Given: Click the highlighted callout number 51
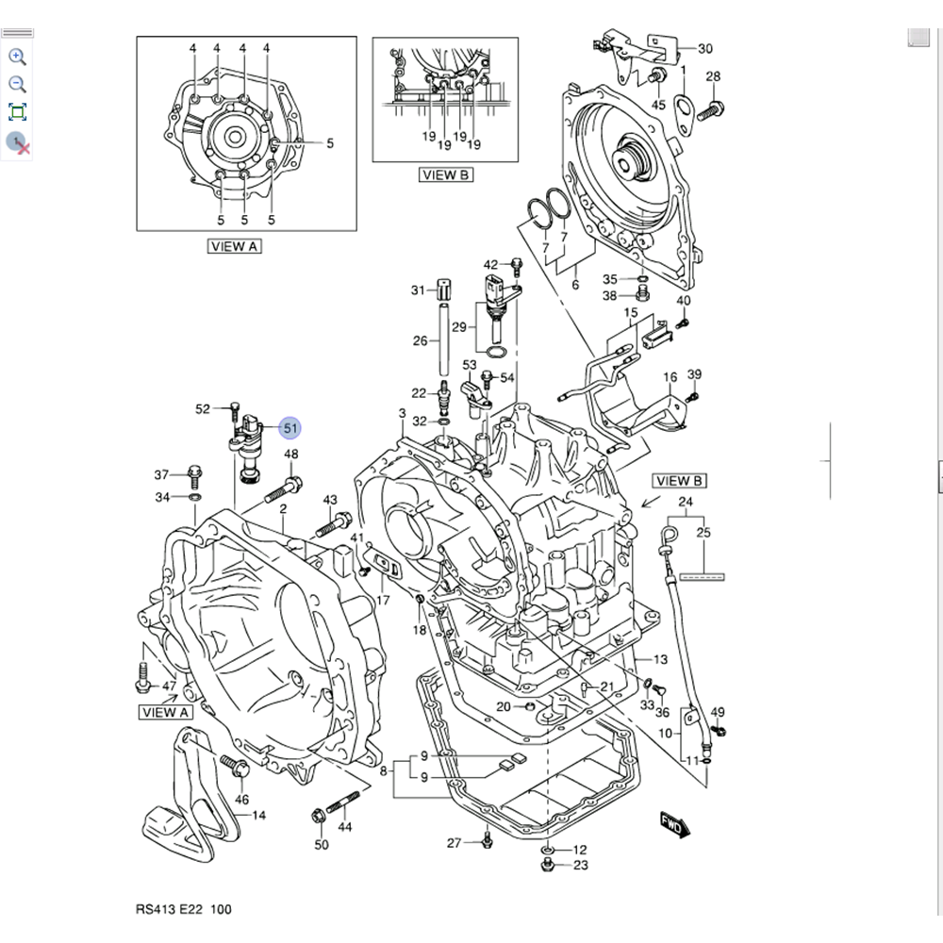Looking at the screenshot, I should pyautogui.click(x=290, y=428).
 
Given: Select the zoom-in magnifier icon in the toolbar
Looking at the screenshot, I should pyautogui.click(x=17, y=57).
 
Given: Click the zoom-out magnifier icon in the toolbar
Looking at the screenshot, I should pyautogui.click(x=17, y=84).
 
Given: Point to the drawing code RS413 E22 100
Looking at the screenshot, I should pyautogui.click(x=183, y=909).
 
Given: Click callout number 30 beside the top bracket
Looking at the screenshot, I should pyautogui.click(x=704, y=49).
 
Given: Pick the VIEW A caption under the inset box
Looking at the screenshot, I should pyautogui.click(x=234, y=246).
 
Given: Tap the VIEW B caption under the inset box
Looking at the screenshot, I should pyautogui.click(x=446, y=175).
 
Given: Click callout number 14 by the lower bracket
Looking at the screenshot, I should pyautogui.click(x=257, y=815).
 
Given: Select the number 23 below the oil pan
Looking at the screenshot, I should pyautogui.click(x=580, y=865).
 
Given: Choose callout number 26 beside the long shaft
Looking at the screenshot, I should pyautogui.click(x=421, y=340).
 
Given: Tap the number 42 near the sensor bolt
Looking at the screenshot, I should pyautogui.click(x=491, y=264).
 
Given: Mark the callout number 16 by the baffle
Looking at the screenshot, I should pyautogui.click(x=670, y=378).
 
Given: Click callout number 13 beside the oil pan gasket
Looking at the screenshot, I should pyautogui.click(x=659, y=659).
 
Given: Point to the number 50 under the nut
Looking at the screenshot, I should pyautogui.click(x=322, y=845).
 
